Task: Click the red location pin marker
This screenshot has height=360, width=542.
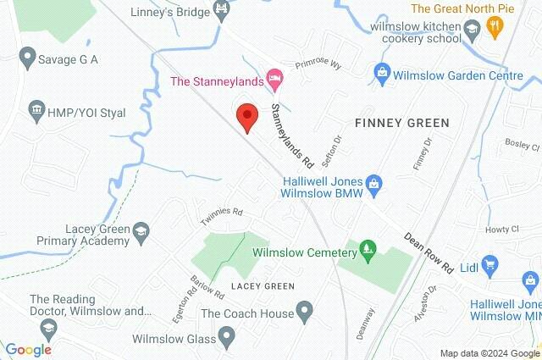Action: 246,116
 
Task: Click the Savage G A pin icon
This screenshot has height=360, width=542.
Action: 26,60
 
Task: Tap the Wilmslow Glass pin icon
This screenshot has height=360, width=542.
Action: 225,338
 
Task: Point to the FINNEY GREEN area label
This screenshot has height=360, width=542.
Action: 401,124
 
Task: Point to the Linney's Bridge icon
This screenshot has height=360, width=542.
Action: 222,11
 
